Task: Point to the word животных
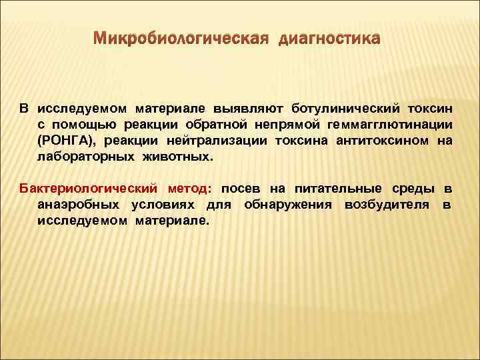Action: click(x=179, y=157)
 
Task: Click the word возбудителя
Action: click(x=386, y=204)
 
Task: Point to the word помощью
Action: click(x=85, y=124)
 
